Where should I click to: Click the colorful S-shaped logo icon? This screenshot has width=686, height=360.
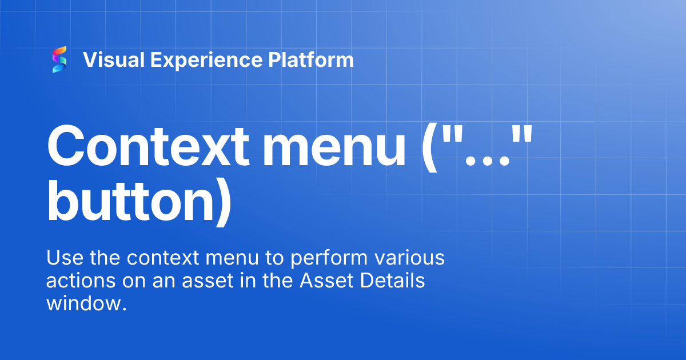coord(59,60)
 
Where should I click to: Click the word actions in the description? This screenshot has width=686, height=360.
coord(82,281)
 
